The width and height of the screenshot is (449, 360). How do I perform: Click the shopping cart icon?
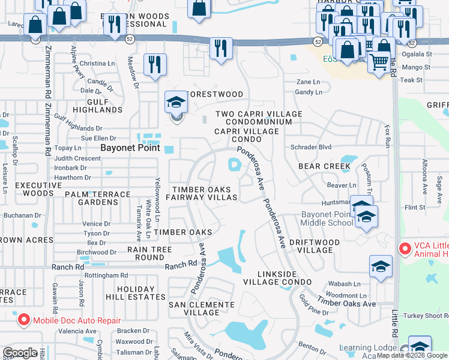coord(379,61)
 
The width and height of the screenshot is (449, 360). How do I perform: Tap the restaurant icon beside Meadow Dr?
coord(155,64)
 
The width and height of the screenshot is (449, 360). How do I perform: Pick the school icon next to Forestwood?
coord(176,103)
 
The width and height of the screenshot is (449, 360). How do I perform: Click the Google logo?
coord(20,353)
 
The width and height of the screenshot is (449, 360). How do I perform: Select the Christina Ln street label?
coord(97,63)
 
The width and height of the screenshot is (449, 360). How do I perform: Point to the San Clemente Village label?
coord(202,308)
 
